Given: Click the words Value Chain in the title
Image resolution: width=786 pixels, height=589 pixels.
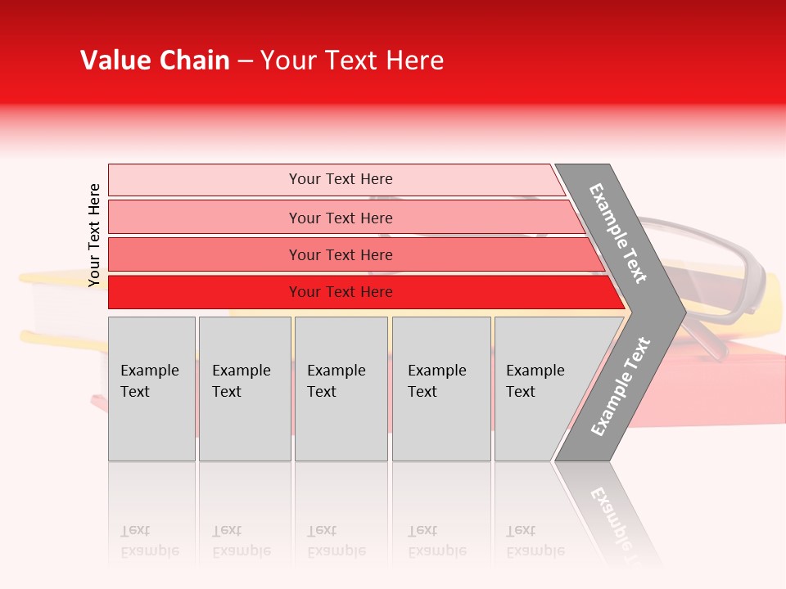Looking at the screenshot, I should tap(155, 61).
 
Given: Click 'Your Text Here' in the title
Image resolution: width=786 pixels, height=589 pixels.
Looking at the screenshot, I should tap(352, 61).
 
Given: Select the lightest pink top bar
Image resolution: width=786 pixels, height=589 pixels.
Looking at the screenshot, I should tap(340, 179).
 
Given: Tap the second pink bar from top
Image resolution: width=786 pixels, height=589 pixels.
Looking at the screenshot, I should tap(340, 218).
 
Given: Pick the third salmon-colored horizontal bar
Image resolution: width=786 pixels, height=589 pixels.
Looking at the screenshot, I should tap(340, 254).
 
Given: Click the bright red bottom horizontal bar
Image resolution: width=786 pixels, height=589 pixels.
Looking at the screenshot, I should tap(340, 292).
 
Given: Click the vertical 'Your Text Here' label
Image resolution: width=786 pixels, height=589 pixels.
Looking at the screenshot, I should tap(94, 235).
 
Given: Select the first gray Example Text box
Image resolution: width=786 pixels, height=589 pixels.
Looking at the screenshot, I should tap(151, 389).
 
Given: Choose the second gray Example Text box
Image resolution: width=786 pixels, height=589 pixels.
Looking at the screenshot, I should tap(244, 389).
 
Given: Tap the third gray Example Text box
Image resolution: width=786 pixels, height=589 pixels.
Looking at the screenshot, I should tap(341, 389).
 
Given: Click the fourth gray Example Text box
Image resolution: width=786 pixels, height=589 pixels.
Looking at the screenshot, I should tap(440, 389).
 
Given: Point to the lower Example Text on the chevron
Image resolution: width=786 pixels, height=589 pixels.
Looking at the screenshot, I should tap(621, 386).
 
